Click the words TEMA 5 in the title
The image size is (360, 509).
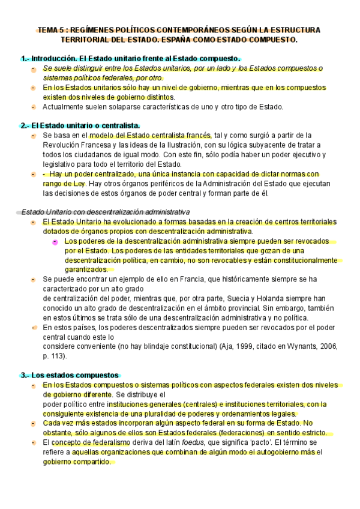51,29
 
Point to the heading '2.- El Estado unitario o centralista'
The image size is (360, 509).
80,125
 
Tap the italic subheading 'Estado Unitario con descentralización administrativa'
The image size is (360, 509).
106,212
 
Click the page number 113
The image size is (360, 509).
58,356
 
